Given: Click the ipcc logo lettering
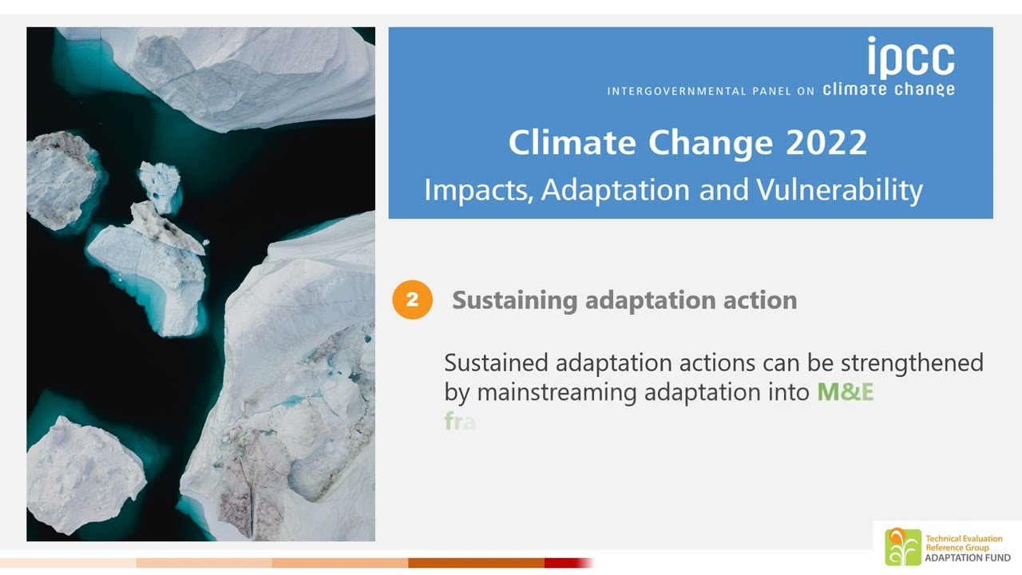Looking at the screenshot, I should pos(910,58).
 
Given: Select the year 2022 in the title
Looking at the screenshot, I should pos(826,143).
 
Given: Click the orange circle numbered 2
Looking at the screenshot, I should pos(412,300).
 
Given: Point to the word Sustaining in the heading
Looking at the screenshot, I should pos(515,301).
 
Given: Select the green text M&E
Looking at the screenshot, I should pos(845,392).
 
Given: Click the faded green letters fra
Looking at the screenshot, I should pos(460,422).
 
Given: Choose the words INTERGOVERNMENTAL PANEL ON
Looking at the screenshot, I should pos(710,91).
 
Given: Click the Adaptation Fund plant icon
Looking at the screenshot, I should pos(902,547).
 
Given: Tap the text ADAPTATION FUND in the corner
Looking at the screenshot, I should pos(967,557).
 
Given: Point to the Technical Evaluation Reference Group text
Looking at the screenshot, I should pos(963,543).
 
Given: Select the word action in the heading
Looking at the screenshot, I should pos(759,301).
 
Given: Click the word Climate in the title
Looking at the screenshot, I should pos(571,143).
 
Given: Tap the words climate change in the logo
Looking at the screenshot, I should pos(888,89).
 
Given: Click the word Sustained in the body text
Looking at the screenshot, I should pos(496,363).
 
